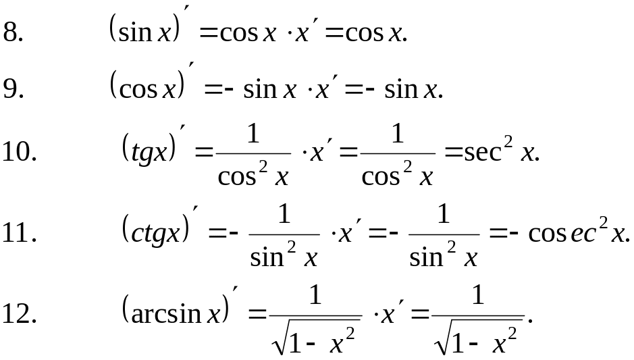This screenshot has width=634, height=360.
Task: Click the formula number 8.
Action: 14,32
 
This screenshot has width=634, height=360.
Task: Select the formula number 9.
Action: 14,88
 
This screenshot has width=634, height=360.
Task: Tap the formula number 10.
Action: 18,152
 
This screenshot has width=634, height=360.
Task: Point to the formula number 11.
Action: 18,233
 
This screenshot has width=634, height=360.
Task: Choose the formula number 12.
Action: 18,313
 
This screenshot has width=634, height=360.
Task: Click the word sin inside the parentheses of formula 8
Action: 135,32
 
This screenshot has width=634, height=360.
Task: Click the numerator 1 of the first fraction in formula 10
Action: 253,134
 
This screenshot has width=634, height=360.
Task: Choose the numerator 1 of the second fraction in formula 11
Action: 444,215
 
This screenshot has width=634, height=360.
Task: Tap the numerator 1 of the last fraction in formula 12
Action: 478,296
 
